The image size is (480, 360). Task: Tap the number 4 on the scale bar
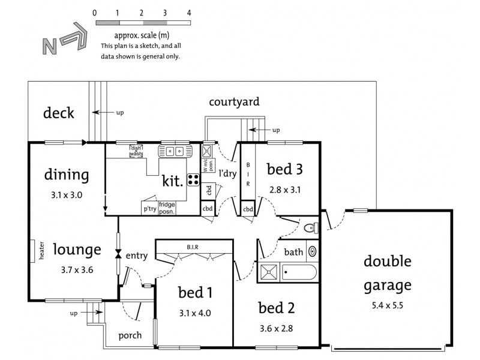[189, 13]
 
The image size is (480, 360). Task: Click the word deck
[59, 113]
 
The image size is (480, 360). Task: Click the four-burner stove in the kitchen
[193, 178]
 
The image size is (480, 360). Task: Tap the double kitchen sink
[174, 151]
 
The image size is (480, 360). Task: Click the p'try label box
[149, 209]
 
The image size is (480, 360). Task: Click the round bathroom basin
[313, 251]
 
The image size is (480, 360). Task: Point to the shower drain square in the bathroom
[269, 273]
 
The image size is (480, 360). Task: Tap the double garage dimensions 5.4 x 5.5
[387, 305]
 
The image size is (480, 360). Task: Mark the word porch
[130, 335]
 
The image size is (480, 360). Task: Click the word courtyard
[234, 101]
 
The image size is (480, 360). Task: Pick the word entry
[137, 256]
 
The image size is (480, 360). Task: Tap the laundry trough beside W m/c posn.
[207, 151]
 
